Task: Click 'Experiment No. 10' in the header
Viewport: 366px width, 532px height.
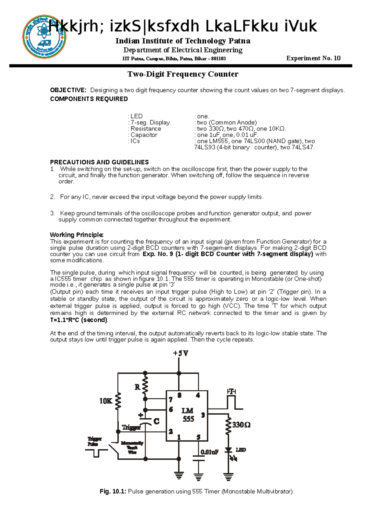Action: click(x=313, y=58)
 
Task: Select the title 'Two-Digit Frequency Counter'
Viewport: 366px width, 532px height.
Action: click(x=183, y=74)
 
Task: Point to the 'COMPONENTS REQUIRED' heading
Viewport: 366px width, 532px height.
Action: click(x=89, y=99)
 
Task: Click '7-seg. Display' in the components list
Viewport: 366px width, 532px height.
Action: click(x=150, y=123)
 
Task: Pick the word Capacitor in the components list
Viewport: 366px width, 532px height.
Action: click(x=144, y=135)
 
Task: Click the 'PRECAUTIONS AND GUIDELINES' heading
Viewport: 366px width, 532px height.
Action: click(x=99, y=162)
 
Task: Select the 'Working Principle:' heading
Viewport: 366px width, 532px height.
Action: click(x=77, y=235)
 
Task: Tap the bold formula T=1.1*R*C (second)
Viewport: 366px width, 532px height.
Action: click(x=79, y=320)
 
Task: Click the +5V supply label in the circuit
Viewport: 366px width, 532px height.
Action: click(x=181, y=353)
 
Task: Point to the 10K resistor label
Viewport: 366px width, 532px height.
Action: click(x=106, y=401)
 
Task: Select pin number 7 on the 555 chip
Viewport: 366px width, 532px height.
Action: click(x=170, y=399)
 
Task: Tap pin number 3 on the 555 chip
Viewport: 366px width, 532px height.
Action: click(x=203, y=415)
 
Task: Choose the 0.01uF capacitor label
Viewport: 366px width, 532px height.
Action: click(x=210, y=452)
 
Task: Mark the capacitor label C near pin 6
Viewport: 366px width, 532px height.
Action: click(x=156, y=422)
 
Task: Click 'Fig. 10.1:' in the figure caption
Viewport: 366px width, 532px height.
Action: click(x=113, y=491)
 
